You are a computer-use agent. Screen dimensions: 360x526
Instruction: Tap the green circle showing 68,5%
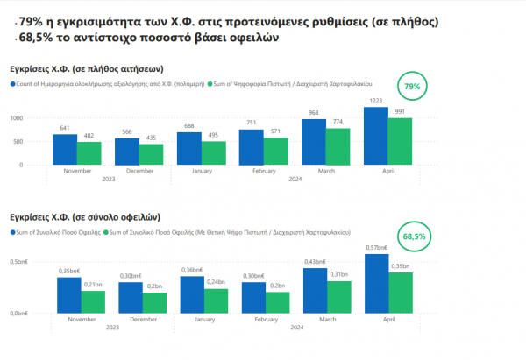[x=413, y=236]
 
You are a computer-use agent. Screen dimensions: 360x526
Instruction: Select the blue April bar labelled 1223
[x=376, y=136]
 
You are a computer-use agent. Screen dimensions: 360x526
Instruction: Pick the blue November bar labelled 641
[x=65, y=149]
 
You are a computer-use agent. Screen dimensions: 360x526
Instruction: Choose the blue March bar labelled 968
[x=314, y=142]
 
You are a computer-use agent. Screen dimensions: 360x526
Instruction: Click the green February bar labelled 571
[x=276, y=151]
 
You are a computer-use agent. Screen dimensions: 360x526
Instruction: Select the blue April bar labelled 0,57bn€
[x=376, y=284]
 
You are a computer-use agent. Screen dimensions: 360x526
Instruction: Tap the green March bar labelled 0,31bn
[x=339, y=297]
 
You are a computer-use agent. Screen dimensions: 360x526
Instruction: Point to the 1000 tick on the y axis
[x=16, y=117]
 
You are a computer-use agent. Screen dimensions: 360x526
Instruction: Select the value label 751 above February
[x=252, y=123]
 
